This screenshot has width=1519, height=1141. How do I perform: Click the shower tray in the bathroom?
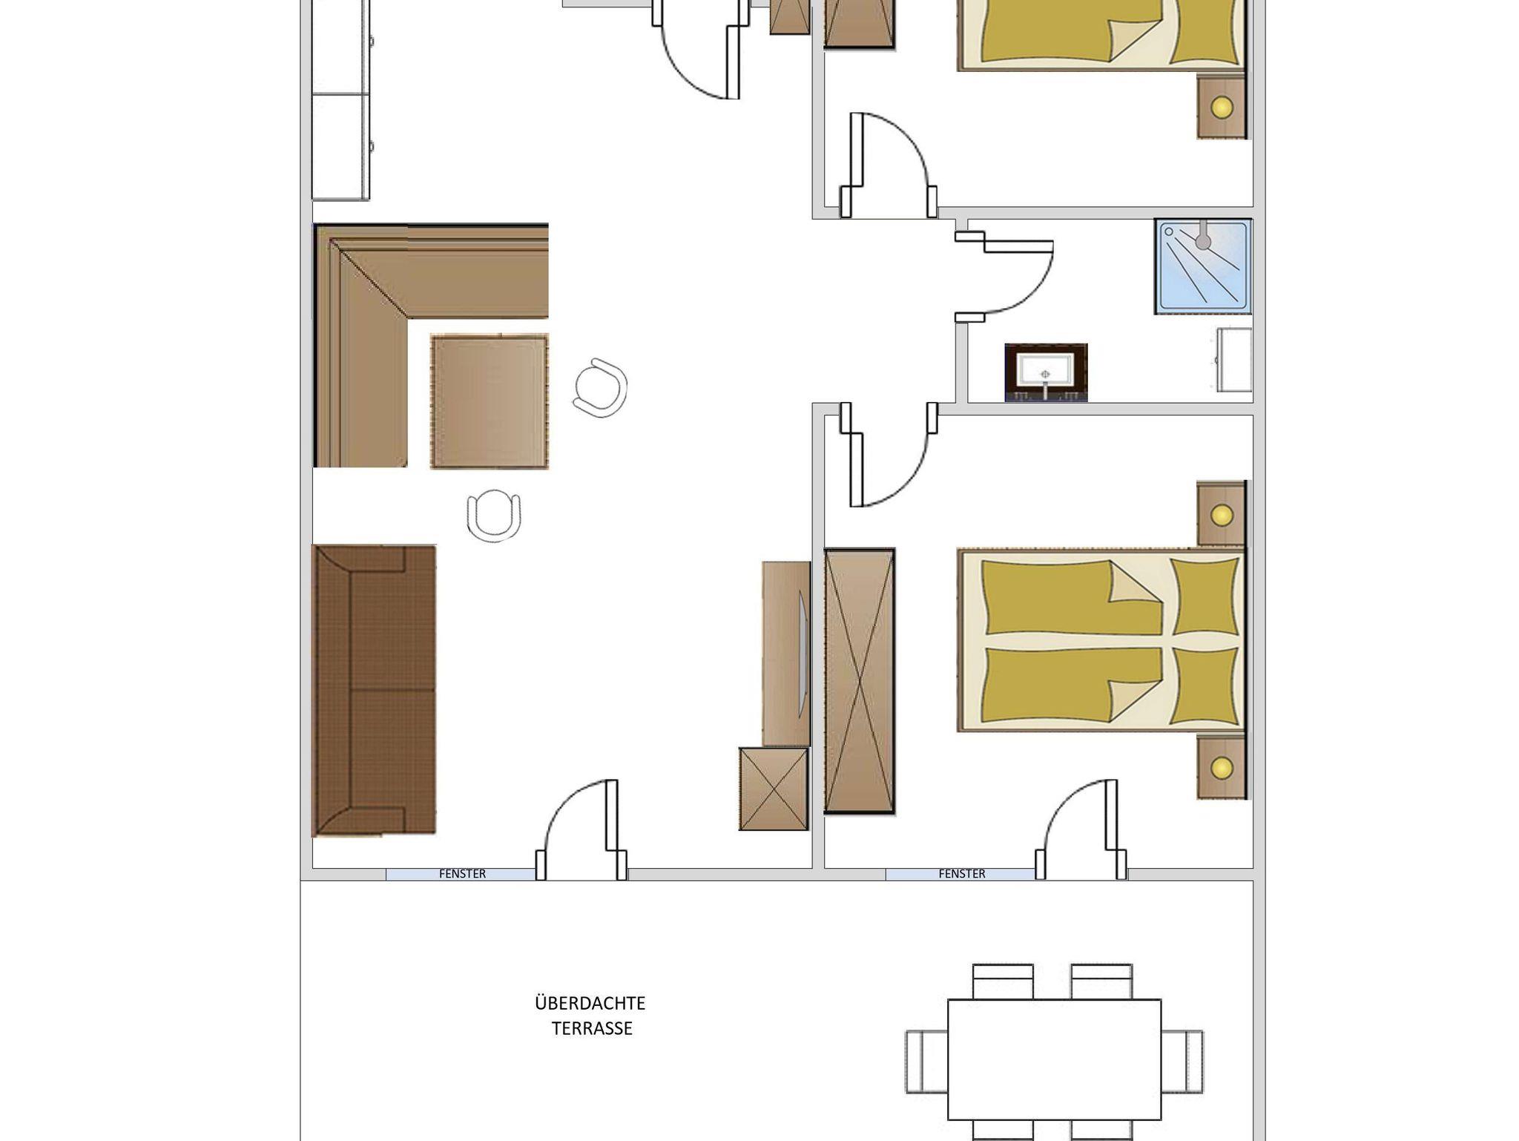[1203, 266]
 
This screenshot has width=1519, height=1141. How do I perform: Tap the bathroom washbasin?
[1046, 372]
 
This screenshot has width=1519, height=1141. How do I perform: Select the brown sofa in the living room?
[374, 691]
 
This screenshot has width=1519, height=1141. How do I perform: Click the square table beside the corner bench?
[490, 401]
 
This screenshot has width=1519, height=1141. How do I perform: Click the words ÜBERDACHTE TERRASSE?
[590, 1016]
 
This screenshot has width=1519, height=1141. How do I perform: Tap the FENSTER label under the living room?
[462, 874]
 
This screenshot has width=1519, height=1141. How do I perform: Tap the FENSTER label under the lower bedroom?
[962, 874]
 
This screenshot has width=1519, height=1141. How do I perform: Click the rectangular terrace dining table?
[1054, 1059]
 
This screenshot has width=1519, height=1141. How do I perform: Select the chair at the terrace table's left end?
[926, 1062]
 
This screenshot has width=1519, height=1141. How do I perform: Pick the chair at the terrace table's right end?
[1182, 1062]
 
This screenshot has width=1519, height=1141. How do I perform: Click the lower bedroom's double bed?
[1101, 640]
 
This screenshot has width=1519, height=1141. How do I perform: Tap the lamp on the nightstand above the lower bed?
[1222, 514]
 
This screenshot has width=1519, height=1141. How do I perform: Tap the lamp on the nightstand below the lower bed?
[1222, 768]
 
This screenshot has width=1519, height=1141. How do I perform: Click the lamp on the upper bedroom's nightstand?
[1222, 107]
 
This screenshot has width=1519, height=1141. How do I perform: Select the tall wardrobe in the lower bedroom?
[860, 681]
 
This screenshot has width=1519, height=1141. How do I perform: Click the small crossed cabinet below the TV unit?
[774, 789]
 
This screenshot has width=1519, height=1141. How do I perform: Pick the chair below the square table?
[494, 515]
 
